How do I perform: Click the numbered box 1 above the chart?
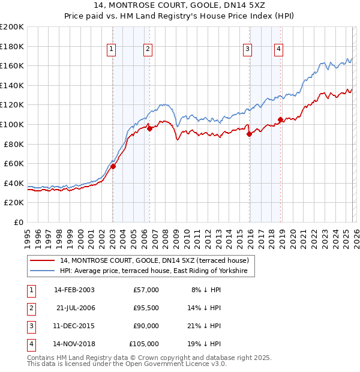[112, 50]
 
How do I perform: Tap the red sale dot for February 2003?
[113, 167]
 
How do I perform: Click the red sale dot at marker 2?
[149, 129]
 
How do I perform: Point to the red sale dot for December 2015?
[249, 134]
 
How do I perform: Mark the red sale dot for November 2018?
[280, 119]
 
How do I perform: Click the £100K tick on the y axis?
[12, 124]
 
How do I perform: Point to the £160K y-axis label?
[12, 65]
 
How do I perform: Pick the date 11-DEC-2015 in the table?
[73, 326]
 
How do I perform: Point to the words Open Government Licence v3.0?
[175, 364]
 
